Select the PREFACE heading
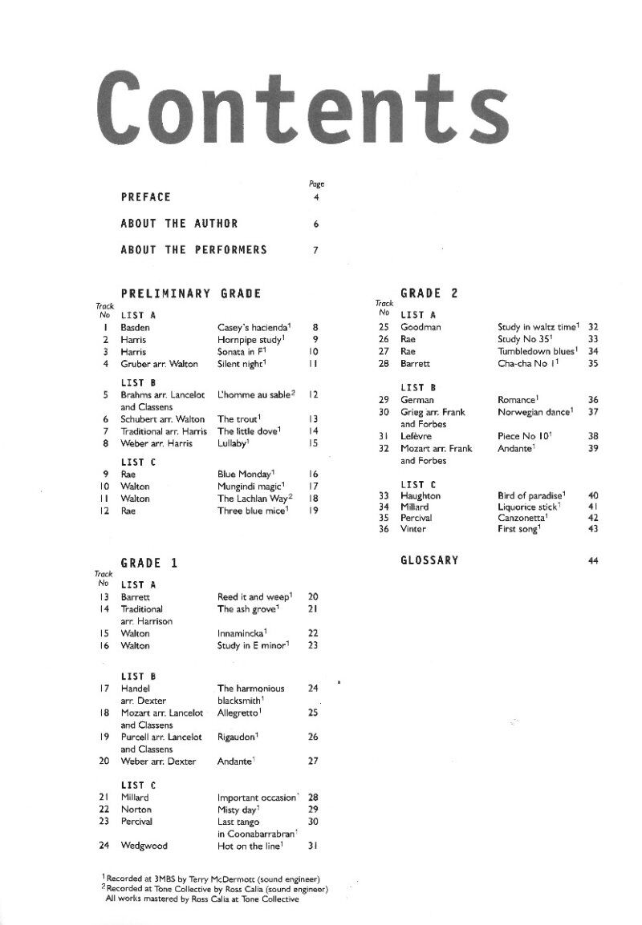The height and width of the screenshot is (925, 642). coord(145,197)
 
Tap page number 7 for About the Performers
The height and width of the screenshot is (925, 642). coord(316,250)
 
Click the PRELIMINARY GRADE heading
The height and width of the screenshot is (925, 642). coord(191,293)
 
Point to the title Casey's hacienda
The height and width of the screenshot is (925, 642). coord(253,327)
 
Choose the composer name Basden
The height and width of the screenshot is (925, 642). coord(135,327)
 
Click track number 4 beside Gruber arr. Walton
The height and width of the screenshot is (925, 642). coord(105,363)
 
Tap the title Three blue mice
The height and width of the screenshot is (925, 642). coord(252,511)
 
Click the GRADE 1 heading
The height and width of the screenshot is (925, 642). coord(148,563)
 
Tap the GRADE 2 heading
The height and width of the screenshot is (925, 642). coord(429,293)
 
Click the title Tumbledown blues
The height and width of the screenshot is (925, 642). coord(536,351)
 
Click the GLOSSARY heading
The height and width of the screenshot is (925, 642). coord(429,561)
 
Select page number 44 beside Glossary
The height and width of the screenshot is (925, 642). coord(593,561)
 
